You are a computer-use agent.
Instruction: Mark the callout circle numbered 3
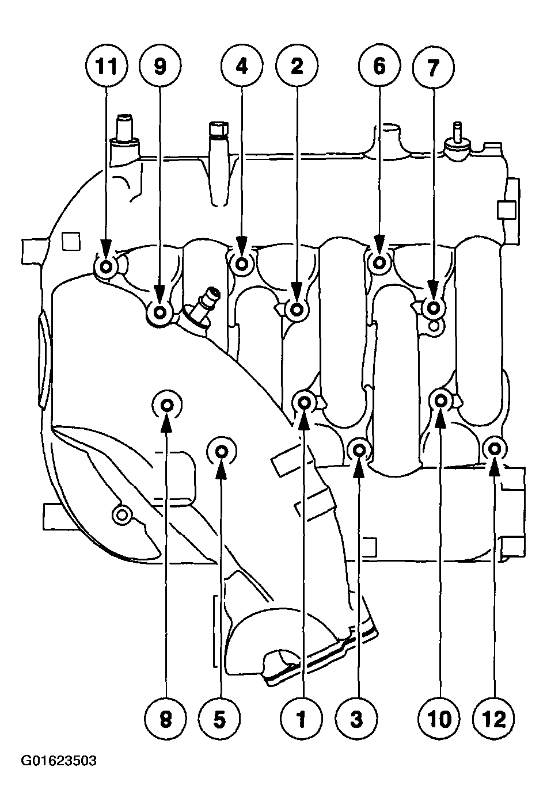357,718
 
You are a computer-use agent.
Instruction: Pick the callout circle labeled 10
440,718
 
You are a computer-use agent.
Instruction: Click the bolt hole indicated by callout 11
107,266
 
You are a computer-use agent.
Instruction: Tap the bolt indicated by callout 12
494,448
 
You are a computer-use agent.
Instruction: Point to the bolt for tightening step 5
222,452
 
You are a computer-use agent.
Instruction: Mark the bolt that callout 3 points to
358,449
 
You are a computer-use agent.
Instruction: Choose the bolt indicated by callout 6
379,264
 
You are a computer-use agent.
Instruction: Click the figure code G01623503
59,761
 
